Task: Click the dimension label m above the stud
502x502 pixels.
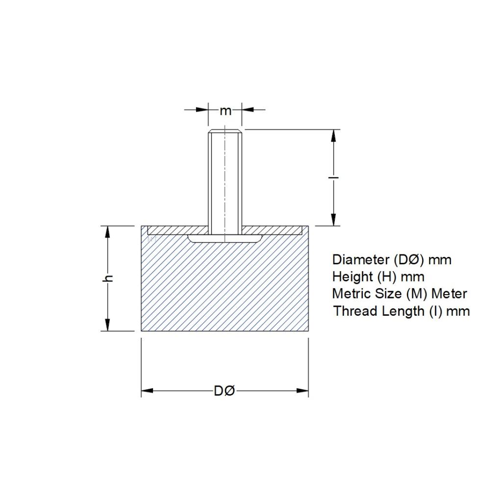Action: coord(225,111)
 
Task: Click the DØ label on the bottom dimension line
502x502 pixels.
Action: coord(225,391)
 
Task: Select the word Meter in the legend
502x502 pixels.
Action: coord(449,294)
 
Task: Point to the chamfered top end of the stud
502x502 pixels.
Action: coord(225,131)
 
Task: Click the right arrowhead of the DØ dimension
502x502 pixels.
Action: coord(302,391)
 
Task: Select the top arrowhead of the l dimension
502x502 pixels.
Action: coord(333,135)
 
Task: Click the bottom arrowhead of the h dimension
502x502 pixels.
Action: coord(107,325)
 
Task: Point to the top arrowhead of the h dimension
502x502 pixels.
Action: coord(107,232)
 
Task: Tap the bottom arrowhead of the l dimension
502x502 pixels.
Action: coord(333,220)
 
